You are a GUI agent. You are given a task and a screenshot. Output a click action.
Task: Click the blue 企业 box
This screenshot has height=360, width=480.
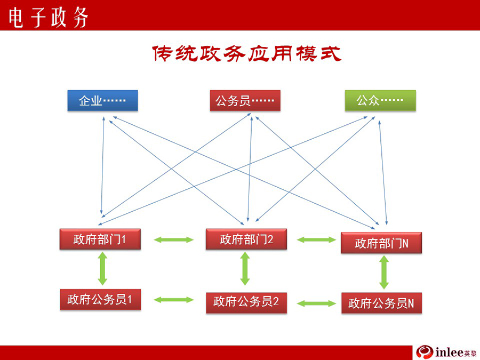[x=102, y=100]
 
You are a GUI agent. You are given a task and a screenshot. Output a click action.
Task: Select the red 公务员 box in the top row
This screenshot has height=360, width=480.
[x=245, y=100]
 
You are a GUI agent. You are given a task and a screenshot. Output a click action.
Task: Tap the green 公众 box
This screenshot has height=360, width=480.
[x=380, y=100]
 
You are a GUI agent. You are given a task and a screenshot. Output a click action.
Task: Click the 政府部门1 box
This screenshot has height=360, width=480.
[x=100, y=239]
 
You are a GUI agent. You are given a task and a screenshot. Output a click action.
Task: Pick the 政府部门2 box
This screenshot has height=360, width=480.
[x=246, y=239]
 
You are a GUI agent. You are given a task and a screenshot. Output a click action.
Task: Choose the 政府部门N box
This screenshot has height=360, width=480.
[x=381, y=243]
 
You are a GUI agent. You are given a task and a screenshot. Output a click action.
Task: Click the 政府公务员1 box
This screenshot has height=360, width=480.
[x=100, y=299]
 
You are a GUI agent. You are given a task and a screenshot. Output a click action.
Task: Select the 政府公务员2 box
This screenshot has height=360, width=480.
[x=246, y=303]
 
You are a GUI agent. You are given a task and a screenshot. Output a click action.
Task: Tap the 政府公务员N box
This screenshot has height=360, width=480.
[x=381, y=303]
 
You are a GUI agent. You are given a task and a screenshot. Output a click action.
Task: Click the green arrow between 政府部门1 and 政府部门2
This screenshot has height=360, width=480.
[x=173, y=239]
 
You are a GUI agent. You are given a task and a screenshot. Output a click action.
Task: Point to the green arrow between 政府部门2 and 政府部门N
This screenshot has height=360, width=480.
[x=316, y=239]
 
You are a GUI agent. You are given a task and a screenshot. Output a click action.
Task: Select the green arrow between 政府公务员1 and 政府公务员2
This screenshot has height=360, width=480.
[x=173, y=300]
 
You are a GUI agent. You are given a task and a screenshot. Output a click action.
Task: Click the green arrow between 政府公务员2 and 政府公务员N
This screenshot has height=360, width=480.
[x=316, y=303]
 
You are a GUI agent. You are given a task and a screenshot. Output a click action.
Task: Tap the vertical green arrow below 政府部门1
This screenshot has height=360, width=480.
[x=102, y=268]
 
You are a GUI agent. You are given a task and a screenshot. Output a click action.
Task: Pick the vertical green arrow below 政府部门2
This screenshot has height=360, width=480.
[x=245, y=268]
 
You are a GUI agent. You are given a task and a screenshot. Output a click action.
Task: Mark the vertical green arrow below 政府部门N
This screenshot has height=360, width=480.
[x=384, y=273]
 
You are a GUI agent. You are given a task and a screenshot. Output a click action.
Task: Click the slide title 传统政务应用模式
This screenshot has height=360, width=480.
[x=247, y=54]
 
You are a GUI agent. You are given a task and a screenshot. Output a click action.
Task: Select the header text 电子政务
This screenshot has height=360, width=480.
[x=49, y=18]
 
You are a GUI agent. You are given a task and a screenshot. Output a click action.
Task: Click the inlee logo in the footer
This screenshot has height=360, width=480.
[x=446, y=352]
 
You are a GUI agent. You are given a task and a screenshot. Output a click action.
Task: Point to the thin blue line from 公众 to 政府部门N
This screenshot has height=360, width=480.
[x=383, y=173]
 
